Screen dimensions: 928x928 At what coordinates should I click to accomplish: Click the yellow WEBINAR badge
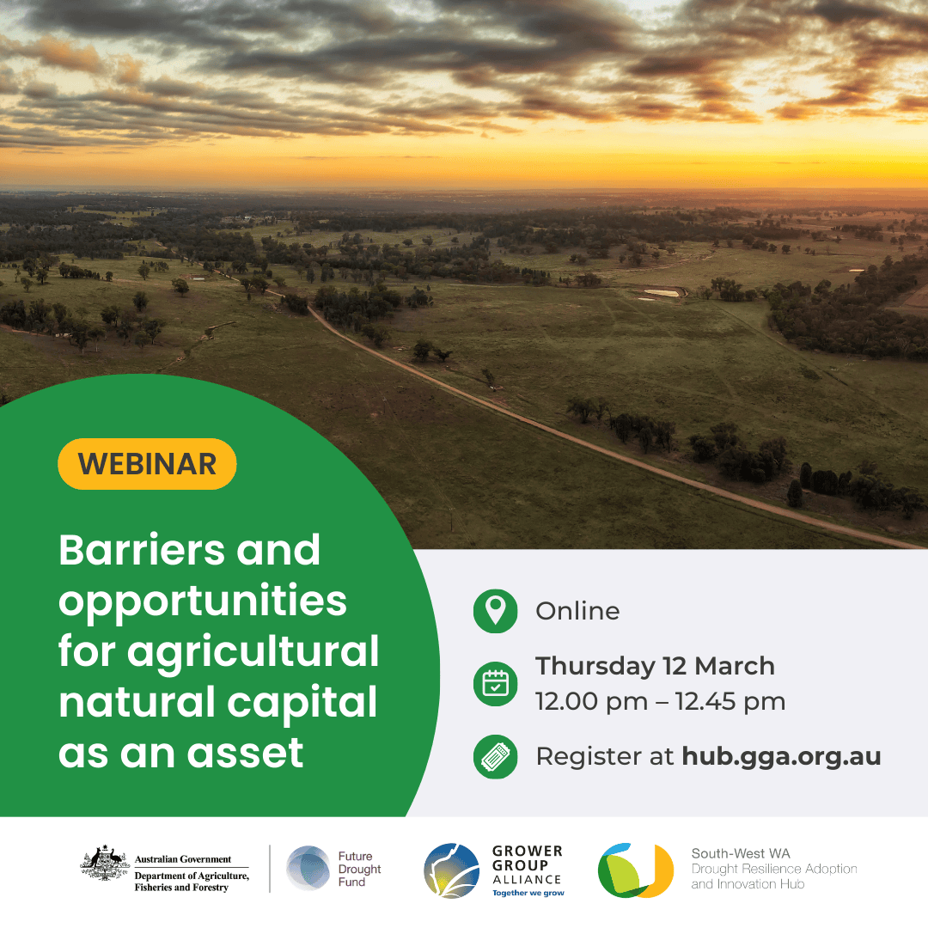point(147,464)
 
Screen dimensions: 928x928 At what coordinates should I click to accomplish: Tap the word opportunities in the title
point(203,601)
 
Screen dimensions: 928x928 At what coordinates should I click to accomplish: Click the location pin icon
point(496,611)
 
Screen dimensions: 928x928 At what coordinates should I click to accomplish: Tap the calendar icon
point(496,684)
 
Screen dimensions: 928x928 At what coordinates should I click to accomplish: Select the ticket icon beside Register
point(496,757)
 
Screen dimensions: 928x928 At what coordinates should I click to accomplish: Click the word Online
point(577,611)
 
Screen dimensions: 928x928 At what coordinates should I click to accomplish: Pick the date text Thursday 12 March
point(655,666)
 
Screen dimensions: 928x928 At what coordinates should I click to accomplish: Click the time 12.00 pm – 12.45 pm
point(660,702)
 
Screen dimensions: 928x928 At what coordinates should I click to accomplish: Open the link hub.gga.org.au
point(781,757)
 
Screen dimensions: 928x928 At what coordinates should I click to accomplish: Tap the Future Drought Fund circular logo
point(308,868)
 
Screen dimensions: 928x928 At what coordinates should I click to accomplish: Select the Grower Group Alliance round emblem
point(451,870)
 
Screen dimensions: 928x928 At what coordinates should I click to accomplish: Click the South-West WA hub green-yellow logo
point(636,870)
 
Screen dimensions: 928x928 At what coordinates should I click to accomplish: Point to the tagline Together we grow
point(528,893)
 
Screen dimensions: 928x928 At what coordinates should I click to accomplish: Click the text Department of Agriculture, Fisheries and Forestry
point(192,882)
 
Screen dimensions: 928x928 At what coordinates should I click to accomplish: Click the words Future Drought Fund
point(359,869)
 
